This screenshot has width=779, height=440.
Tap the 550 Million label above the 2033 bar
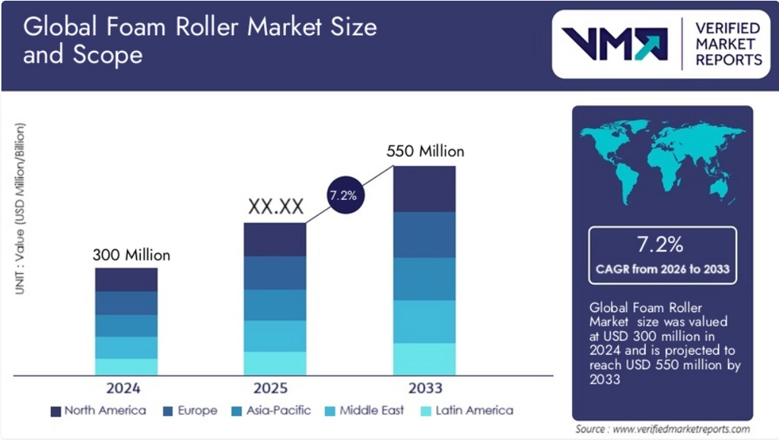(424, 151)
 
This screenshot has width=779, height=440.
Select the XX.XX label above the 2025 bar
(275, 206)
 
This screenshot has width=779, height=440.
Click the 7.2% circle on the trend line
(342, 196)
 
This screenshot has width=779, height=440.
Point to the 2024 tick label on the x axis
(126, 388)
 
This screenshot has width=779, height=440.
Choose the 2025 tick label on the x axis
(275, 388)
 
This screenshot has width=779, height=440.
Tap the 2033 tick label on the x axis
(424, 388)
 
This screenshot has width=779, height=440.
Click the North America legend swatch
(56, 411)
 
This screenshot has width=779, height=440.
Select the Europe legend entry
(190, 411)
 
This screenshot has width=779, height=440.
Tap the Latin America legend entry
(466, 411)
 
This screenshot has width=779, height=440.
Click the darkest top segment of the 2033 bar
(424, 189)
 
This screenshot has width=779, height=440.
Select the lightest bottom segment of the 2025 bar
(275, 363)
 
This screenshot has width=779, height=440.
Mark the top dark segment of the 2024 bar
(126, 279)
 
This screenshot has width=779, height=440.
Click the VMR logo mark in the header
(614, 44)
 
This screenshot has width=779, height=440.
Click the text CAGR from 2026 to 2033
(662, 269)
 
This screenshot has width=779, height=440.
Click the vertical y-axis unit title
(20, 209)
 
